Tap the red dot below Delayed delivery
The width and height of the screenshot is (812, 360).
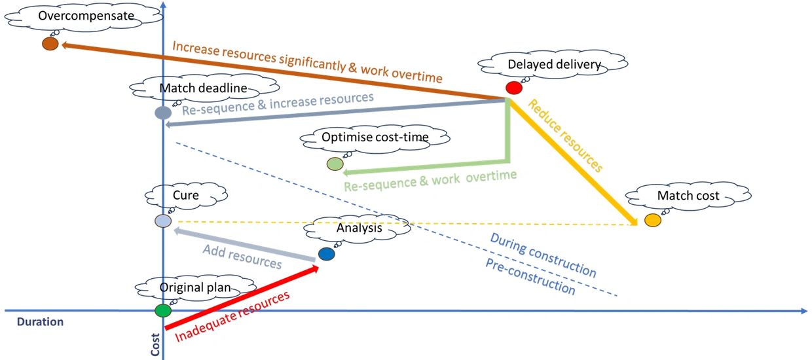tap(514, 87)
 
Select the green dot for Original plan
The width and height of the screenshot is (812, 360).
tap(162, 310)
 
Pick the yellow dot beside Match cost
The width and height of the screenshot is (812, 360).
tap(652, 221)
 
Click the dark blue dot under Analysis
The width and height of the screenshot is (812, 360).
tap(326, 253)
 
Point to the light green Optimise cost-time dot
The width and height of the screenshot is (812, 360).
tap(335, 164)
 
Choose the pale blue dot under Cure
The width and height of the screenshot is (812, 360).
tap(162, 221)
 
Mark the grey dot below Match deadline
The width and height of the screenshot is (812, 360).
tap(162, 113)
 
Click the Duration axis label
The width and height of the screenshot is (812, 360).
tap(40, 322)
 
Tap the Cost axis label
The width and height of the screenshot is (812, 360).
tap(155, 346)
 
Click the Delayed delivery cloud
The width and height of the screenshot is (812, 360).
tap(554, 64)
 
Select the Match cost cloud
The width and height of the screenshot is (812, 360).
tap(688, 195)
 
